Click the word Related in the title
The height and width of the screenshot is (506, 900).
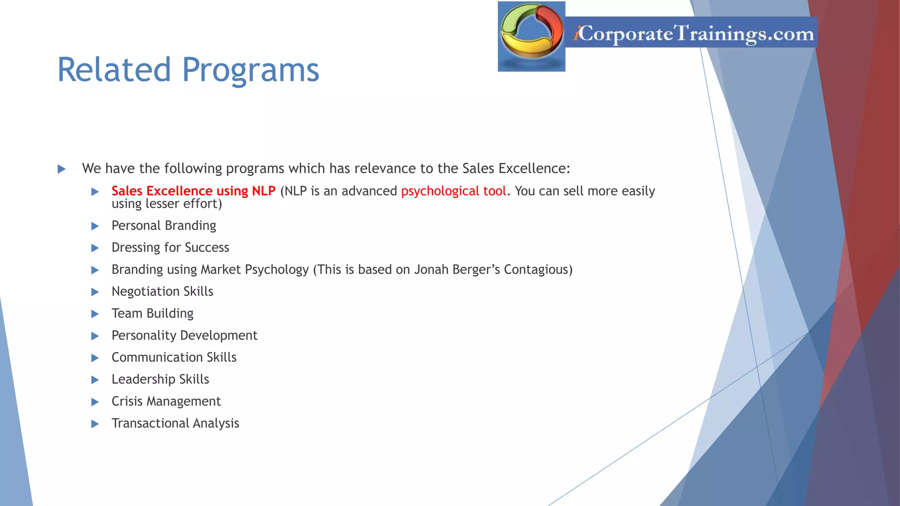(x=114, y=70)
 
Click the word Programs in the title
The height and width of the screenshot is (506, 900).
(x=250, y=71)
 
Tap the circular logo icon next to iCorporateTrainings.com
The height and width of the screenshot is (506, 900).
(x=531, y=36)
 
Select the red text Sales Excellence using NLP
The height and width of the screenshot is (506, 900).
(x=193, y=191)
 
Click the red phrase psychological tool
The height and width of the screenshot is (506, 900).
(x=453, y=191)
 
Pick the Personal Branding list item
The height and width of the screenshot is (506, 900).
(x=163, y=226)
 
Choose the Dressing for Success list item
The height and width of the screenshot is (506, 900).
(x=170, y=248)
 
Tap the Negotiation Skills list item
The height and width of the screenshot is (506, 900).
(x=162, y=292)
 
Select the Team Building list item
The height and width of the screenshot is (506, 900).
(x=152, y=314)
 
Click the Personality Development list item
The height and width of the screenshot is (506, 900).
(x=184, y=336)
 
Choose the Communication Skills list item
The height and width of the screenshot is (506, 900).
(x=174, y=358)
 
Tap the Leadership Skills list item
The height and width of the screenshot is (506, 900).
(x=160, y=379)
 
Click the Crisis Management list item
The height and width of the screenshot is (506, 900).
(x=166, y=401)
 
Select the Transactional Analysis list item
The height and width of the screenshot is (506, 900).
(x=175, y=423)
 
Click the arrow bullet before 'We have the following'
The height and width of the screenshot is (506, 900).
(x=62, y=169)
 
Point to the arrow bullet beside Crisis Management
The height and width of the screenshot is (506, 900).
(x=95, y=402)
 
